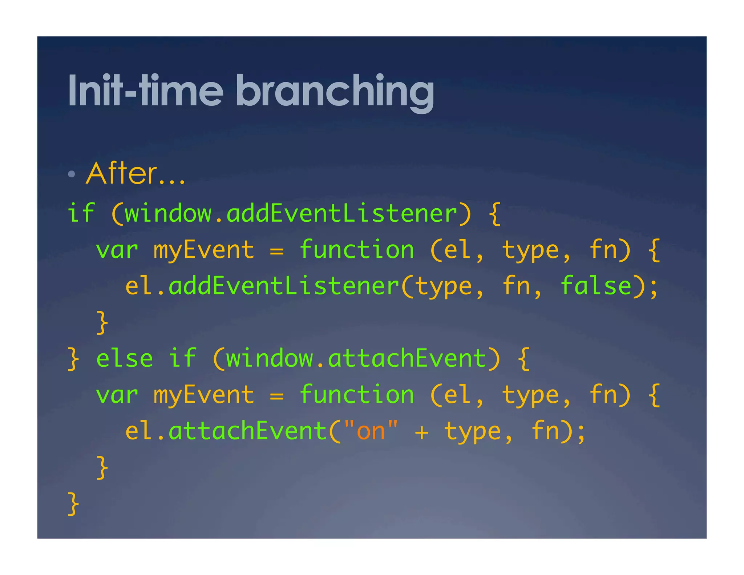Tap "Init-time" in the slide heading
pos(146,91)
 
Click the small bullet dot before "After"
pos(72,174)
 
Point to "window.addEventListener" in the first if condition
pos(291,213)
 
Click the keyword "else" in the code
pos(124,359)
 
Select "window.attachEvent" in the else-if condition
pos(356,359)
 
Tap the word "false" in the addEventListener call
pos(596,286)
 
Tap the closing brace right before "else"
pos(73,359)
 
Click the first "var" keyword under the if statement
pos(117,250)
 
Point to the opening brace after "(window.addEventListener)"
pos(494,213)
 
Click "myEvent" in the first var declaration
pos(204,250)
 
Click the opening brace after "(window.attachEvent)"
pos(523,359)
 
